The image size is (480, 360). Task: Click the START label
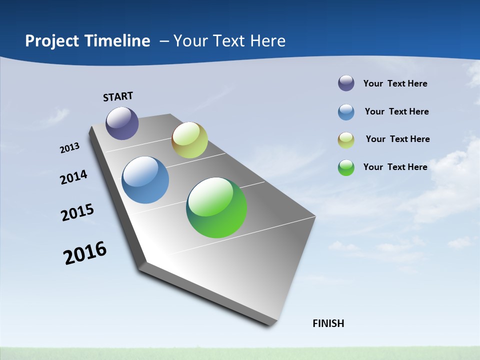pyautogui.click(x=118, y=96)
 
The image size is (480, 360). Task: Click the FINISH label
pyautogui.click(x=328, y=323)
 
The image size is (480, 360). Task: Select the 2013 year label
pyautogui.click(x=69, y=148)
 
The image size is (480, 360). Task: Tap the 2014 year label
pyautogui.click(x=73, y=177)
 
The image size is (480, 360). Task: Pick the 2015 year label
pyautogui.click(x=77, y=212)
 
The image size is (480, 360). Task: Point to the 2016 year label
pyautogui.click(x=85, y=253)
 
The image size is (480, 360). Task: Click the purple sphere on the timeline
pyautogui.click(x=122, y=123)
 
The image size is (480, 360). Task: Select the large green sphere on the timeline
pyautogui.click(x=216, y=207)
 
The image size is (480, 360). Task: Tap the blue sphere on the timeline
pyautogui.click(x=145, y=180)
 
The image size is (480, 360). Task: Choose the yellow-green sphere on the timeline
pyautogui.click(x=189, y=140)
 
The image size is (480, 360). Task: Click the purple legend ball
pyautogui.click(x=346, y=83)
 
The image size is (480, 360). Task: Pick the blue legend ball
pyautogui.click(x=346, y=112)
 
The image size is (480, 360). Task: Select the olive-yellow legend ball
pyautogui.click(x=346, y=140)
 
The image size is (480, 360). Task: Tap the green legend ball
pyautogui.click(x=346, y=167)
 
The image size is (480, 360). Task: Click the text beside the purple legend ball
pyautogui.click(x=395, y=83)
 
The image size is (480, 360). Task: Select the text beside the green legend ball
pyautogui.click(x=395, y=167)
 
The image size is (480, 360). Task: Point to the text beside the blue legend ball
pyautogui.click(x=396, y=111)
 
